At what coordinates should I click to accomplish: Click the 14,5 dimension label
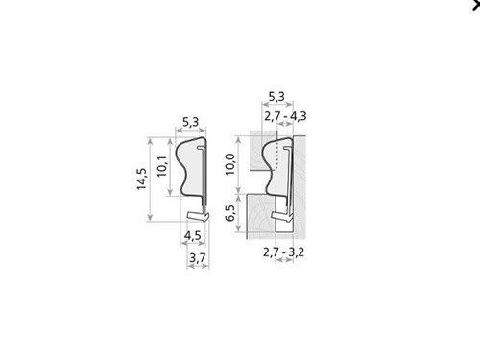tap(141, 179)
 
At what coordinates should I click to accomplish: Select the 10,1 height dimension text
tap(162, 166)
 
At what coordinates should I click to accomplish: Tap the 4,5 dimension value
tap(193, 236)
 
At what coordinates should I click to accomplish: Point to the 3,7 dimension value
tap(198, 257)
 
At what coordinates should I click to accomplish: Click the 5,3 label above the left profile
tap(191, 122)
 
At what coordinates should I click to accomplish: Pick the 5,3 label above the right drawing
tap(276, 96)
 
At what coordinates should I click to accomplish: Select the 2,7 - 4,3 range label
tap(285, 116)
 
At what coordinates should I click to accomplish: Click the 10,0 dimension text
tap(230, 164)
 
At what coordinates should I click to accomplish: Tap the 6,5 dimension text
tap(230, 213)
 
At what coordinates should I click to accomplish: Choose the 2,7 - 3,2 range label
tap(283, 252)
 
